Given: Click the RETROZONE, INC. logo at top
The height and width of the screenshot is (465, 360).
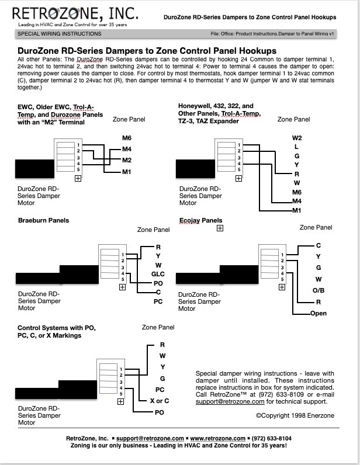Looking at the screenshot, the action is point(75,13).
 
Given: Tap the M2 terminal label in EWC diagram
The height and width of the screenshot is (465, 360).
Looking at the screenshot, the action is point(127,160).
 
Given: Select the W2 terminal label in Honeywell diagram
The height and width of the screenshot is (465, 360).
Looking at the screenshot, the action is point(297,138).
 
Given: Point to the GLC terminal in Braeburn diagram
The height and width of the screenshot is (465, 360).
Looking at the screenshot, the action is point(158,274).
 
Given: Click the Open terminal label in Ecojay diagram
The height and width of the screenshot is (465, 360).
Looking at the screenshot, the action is point(319,313).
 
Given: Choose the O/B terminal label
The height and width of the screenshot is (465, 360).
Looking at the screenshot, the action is point(319,290).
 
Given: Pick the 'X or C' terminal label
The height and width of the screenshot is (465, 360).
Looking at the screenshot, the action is point(160,401).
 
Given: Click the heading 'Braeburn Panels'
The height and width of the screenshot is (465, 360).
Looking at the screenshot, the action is point(43,220).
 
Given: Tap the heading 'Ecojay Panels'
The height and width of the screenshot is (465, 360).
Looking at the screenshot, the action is point(200,220).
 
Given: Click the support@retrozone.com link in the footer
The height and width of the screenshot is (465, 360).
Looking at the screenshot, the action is point(150,438).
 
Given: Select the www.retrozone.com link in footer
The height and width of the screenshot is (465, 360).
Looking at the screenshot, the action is point(218,438).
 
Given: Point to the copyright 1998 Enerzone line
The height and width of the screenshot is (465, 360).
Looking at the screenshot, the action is point(295,415).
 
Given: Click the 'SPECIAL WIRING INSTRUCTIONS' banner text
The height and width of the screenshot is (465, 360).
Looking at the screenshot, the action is point(60,34).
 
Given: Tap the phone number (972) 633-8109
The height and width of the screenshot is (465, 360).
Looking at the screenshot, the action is point(281,394).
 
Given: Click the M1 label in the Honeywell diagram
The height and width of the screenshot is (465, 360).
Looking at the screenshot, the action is point(297,210).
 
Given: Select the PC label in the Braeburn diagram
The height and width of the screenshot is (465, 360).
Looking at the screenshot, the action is point(158,301).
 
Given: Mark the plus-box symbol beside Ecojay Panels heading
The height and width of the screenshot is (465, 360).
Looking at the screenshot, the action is point(220,228).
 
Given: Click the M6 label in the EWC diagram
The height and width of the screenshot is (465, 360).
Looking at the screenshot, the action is point(127,138).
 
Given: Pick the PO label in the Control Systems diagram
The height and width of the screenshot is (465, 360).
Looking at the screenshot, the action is point(160,412).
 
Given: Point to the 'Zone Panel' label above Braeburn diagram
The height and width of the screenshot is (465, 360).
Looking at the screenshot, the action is point(154,230).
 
